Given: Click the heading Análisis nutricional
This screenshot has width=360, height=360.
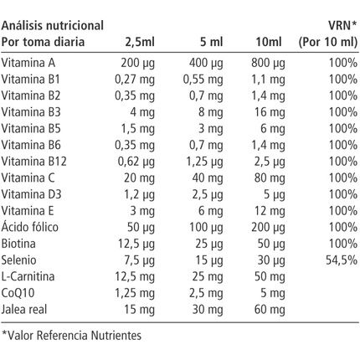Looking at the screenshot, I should (53, 25).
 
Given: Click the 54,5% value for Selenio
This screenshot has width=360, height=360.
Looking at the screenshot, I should (340, 259).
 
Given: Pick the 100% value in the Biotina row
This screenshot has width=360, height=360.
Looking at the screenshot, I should (342, 243).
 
